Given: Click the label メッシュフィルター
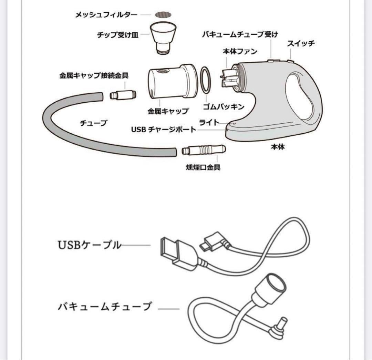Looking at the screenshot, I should (106, 15).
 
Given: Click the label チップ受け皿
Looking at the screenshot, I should (118, 35).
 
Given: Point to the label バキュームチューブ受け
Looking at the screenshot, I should (240, 34).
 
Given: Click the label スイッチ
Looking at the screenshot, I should (301, 44).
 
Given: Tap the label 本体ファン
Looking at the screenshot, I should (240, 52).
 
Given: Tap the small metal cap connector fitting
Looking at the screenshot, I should (123, 95).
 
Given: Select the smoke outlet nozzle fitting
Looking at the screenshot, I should (203, 151).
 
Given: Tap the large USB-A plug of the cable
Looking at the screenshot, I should (173, 251).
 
